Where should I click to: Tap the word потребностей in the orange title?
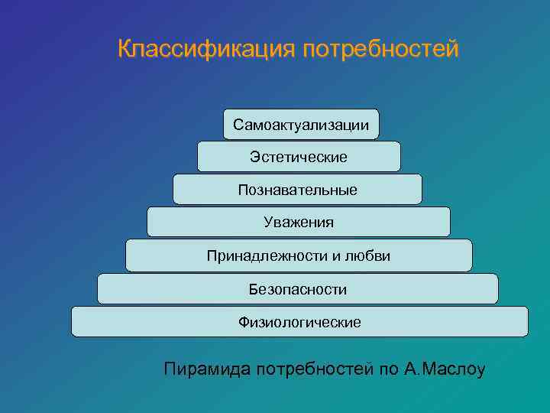381,50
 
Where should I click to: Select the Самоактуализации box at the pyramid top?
301,124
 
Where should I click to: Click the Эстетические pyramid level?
299,157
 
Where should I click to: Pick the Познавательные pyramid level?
297,189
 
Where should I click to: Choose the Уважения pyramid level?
299,222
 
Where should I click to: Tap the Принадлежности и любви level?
299,255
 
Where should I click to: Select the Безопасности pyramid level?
298,289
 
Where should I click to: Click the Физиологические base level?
299,322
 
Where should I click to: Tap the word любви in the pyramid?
370,255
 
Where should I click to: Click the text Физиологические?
299,322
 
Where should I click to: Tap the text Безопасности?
298,289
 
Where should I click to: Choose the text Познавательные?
297,189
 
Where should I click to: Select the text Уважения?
299,222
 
